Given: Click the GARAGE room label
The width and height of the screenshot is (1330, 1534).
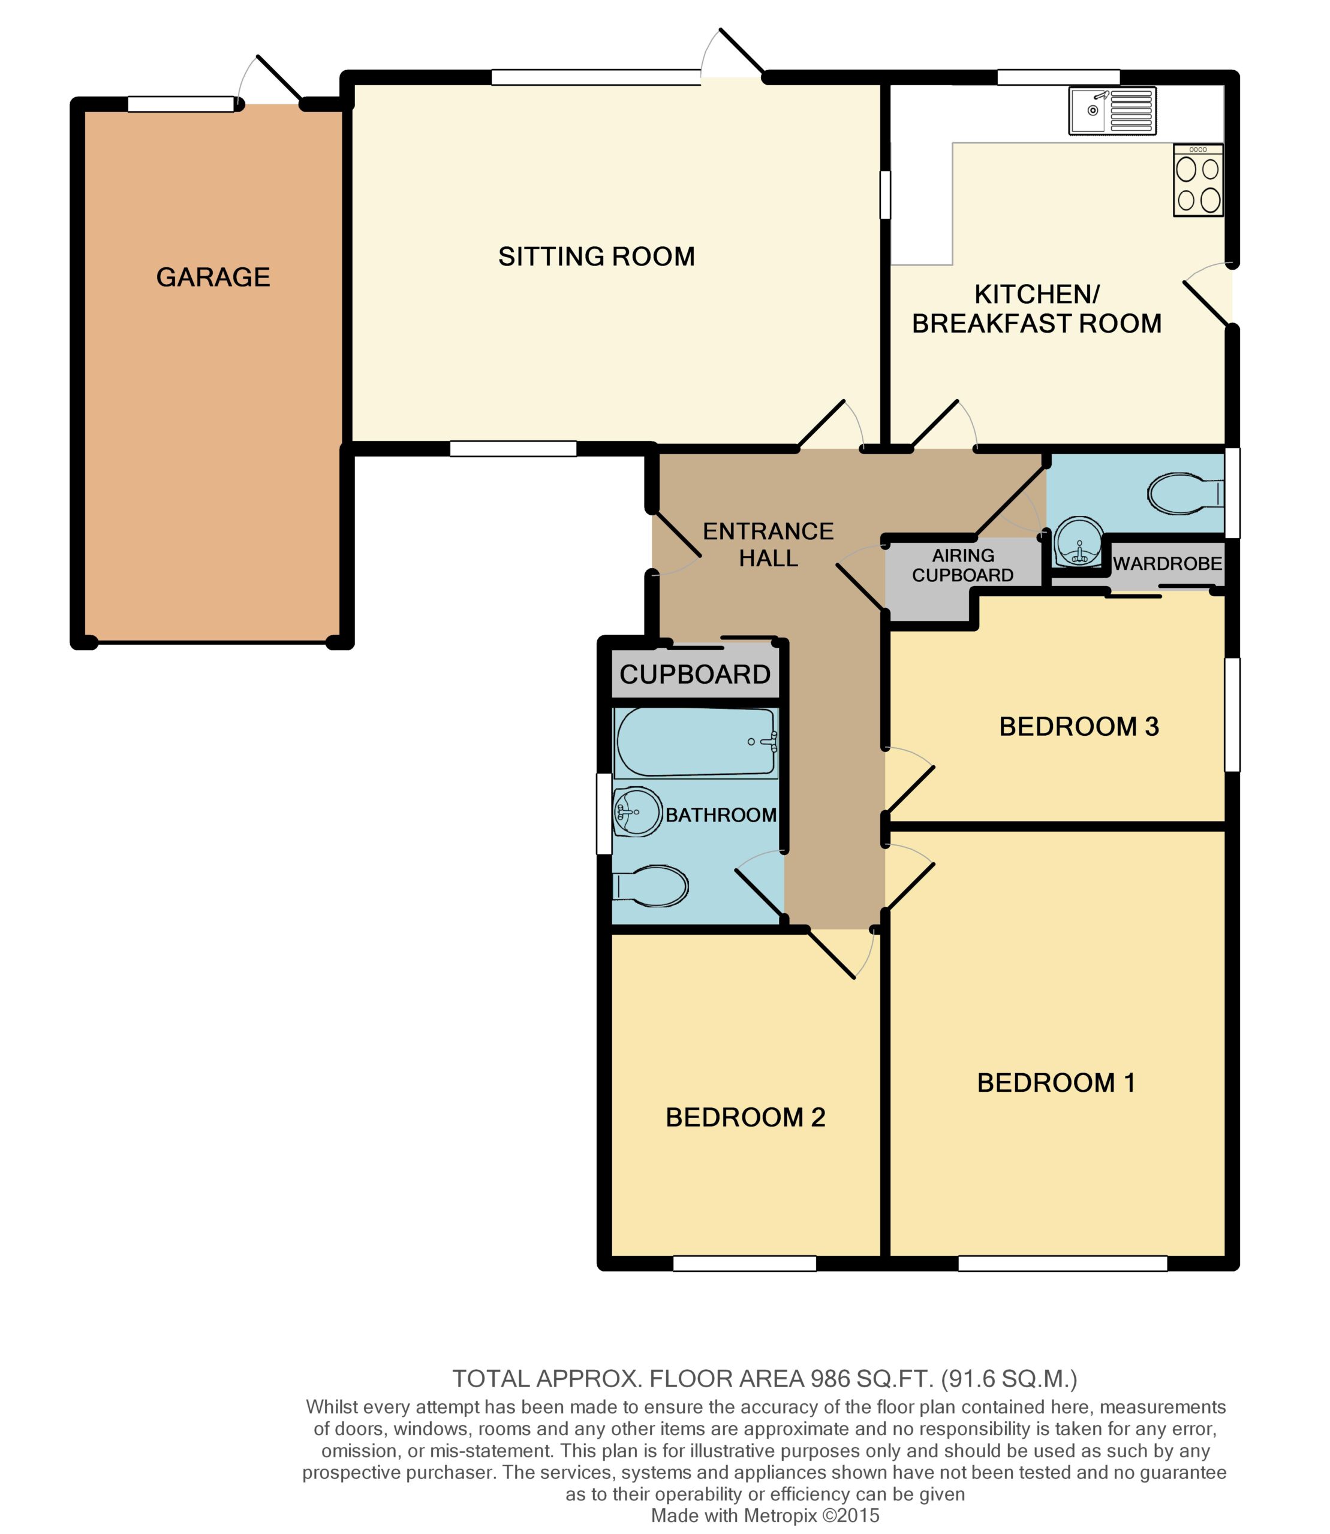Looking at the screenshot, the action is point(213,277).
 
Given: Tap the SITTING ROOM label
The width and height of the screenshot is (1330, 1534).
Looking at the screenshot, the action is point(597,256).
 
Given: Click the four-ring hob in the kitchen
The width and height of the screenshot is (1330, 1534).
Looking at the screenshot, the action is point(1198,180).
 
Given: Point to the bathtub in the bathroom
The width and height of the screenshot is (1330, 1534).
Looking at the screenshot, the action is point(696,742).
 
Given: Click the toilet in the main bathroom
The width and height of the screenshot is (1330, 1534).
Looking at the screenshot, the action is point(650,886).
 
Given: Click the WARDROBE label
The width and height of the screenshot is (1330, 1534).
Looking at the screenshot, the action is point(1167,563).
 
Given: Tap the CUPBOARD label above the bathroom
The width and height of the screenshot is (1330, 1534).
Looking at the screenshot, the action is point(696,674).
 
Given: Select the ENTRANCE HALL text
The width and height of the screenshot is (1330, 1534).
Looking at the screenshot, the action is point(768,545).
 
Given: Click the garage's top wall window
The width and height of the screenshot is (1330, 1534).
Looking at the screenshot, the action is point(181,105).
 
